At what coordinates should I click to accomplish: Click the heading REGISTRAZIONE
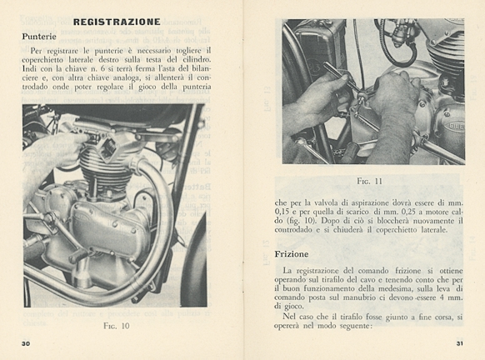coord(117,22)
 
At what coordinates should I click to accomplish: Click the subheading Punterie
coord(39,37)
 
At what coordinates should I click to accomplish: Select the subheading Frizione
coord(292,254)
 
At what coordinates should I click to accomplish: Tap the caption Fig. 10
coord(117,326)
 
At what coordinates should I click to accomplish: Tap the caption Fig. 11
coord(370,181)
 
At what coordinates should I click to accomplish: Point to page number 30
coord(26,343)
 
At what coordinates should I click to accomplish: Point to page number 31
coord(460,343)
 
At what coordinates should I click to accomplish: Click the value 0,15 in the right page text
coord(282,212)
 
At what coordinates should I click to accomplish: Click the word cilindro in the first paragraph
coord(194,59)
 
